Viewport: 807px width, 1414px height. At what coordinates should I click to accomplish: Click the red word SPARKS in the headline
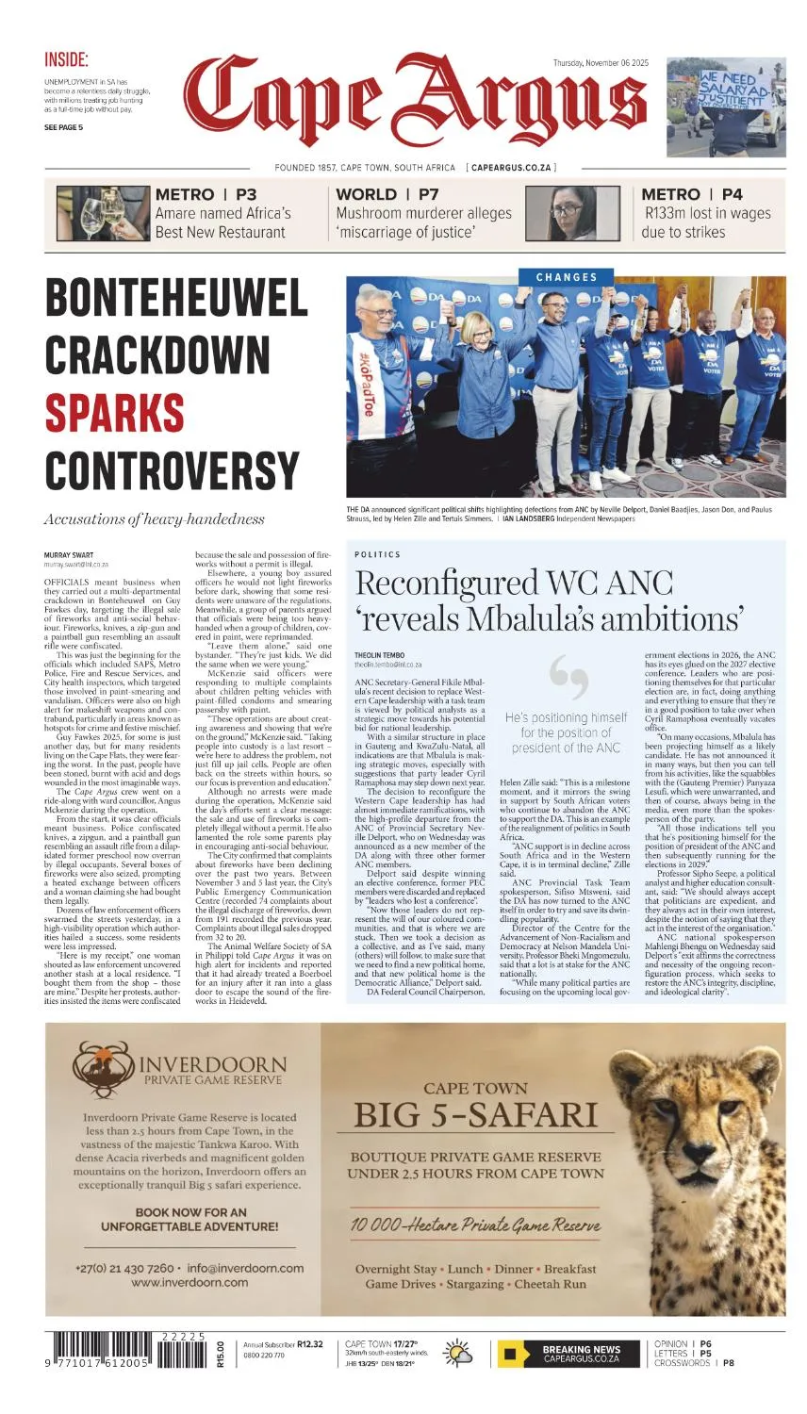[115, 413]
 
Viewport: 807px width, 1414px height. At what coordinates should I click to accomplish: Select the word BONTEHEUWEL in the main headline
[176, 299]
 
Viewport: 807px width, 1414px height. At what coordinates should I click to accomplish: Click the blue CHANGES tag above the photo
[567, 277]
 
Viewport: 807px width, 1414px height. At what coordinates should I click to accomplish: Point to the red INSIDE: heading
[67, 60]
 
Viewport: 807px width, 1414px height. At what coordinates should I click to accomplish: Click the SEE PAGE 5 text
[63, 127]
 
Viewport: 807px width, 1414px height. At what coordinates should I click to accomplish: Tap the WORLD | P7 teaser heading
[387, 194]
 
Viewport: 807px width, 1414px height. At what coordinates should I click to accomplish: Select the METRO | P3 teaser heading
[206, 194]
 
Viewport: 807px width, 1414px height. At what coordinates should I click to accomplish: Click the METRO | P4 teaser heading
[692, 194]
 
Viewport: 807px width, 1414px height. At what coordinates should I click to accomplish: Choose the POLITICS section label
[377, 554]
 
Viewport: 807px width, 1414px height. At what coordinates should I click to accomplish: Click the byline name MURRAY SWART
[69, 554]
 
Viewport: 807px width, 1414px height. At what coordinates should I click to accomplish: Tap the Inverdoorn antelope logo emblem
[103, 1065]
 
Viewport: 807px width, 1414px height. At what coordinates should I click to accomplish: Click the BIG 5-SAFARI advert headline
[475, 1114]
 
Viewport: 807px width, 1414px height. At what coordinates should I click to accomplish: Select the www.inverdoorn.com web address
[189, 1282]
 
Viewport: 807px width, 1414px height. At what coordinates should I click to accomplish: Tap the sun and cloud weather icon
[459, 1353]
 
